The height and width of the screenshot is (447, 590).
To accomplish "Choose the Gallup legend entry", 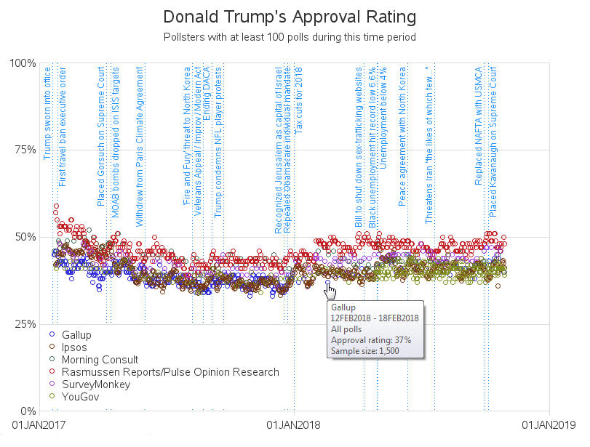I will click(76, 335).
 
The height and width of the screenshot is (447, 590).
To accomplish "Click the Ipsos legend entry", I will click(74, 347).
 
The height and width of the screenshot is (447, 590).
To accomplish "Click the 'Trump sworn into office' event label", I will click(47, 113).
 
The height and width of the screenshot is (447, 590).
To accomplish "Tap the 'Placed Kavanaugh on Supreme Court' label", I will click(494, 142).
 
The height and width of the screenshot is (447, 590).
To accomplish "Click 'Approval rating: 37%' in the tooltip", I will click(371, 339).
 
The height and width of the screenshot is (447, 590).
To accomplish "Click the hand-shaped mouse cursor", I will click(331, 291).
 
